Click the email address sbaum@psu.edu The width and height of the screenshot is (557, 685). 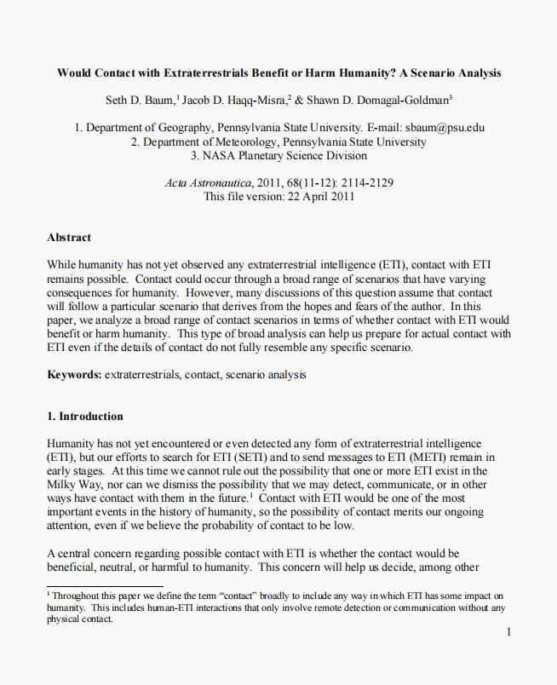tap(445, 128)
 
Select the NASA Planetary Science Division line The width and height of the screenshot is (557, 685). tap(278, 155)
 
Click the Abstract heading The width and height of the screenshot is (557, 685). tap(69, 237)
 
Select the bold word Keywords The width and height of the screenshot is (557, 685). tap(74, 374)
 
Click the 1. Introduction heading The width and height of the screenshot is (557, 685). tap(85, 416)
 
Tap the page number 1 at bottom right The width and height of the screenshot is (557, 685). tap(508, 632)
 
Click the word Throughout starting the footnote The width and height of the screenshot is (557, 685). tap(75, 596)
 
